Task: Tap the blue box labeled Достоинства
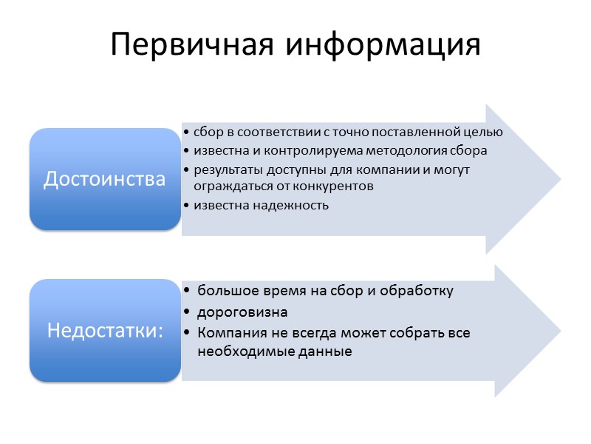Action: pyautogui.click(x=105, y=179)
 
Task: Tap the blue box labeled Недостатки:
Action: pyautogui.click(x=105, y=330)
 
